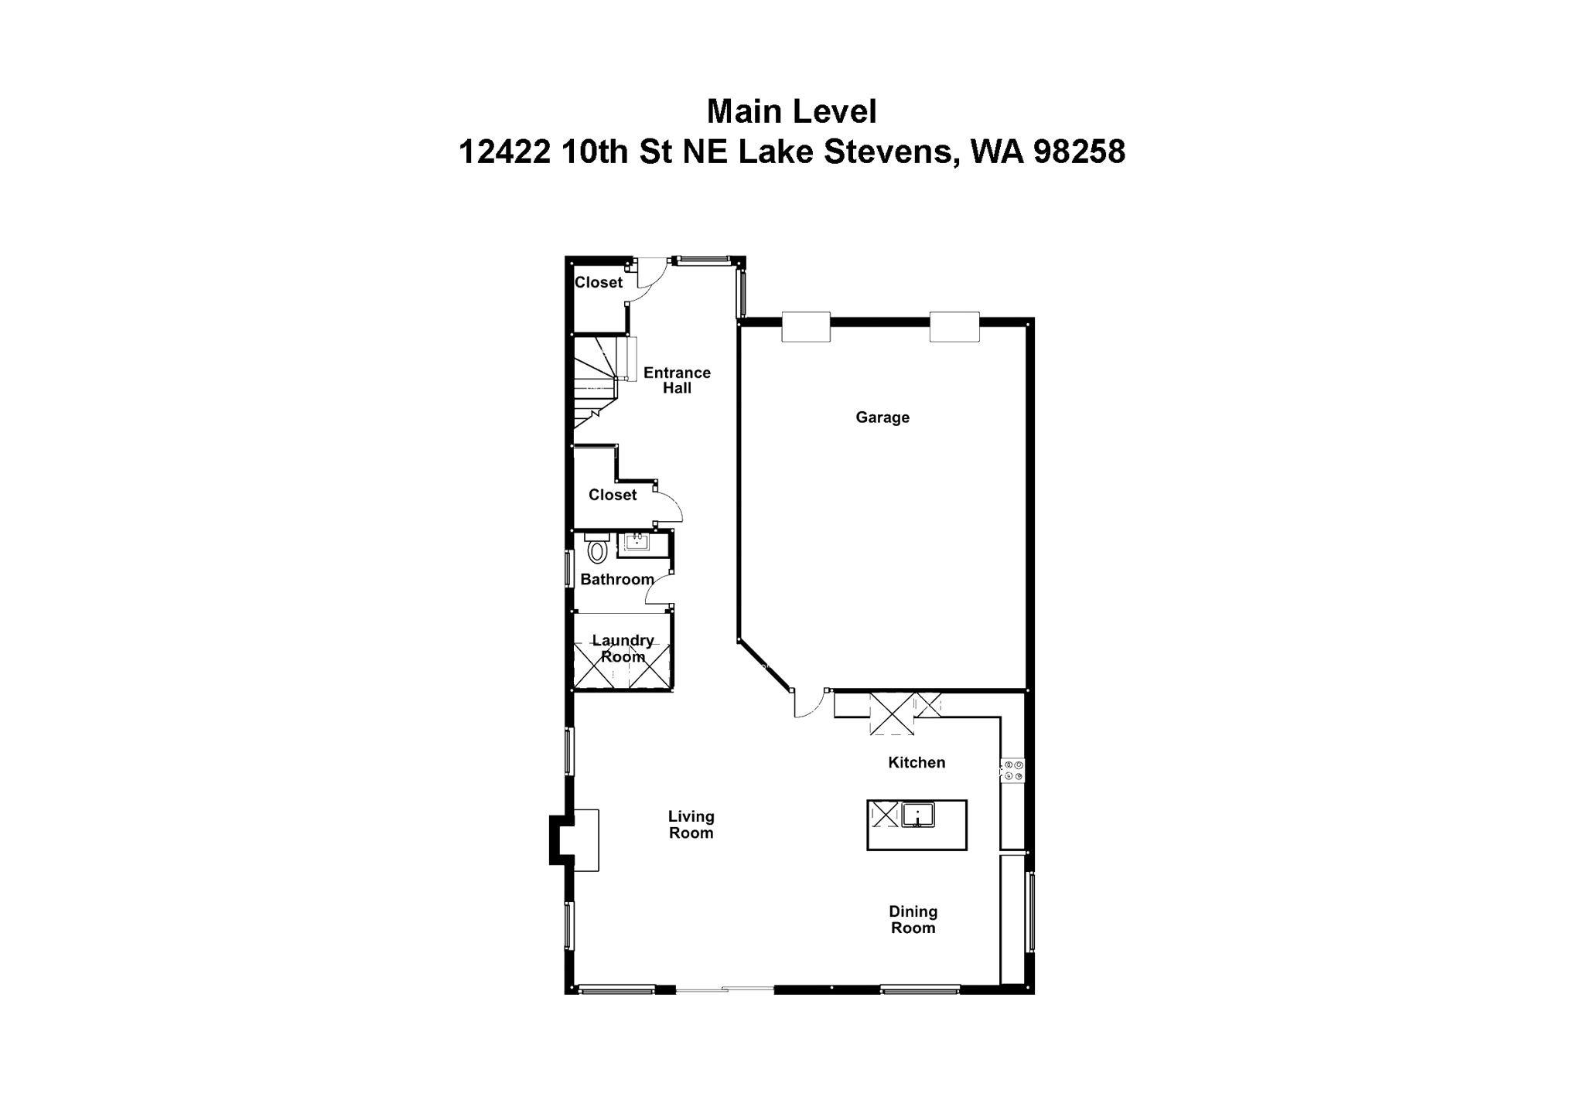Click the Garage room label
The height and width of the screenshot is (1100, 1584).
882,417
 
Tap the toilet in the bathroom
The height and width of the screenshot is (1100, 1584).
596,550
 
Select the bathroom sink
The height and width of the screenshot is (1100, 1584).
637,541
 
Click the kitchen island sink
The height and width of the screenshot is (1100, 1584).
917,814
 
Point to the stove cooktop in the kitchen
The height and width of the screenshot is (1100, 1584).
1012,770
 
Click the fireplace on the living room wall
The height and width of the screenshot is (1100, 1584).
574,839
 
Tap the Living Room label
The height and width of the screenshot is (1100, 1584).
691,824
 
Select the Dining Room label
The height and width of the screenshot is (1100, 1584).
913,919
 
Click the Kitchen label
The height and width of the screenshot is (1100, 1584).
917,762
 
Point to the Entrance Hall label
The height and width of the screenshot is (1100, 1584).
677,380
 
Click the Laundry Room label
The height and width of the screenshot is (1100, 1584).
623,649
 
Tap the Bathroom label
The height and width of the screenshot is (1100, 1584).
616,579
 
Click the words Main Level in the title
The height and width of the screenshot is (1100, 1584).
791,111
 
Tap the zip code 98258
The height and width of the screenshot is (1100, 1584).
1079,152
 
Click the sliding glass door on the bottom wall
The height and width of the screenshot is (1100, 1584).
725,989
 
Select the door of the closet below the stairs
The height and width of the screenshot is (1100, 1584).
668,506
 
